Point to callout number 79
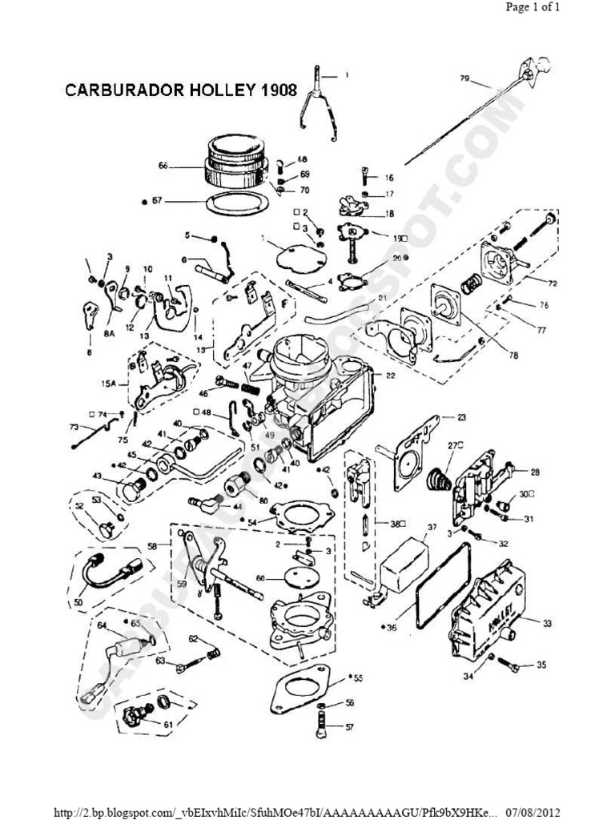coord(464,78)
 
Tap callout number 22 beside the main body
coord(391,376)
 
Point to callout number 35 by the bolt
coord(541,665)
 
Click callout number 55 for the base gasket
coord(358,678)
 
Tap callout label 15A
coord(109,384)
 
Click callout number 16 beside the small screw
coord(389,178)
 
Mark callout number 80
coord(263,501)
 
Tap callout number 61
coord(167,724)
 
